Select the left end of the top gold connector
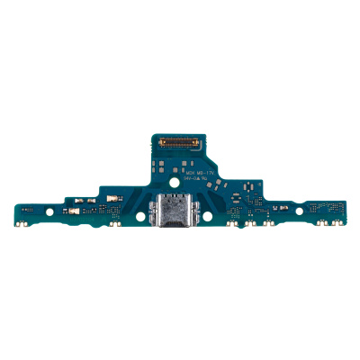click(x=160, y=142)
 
